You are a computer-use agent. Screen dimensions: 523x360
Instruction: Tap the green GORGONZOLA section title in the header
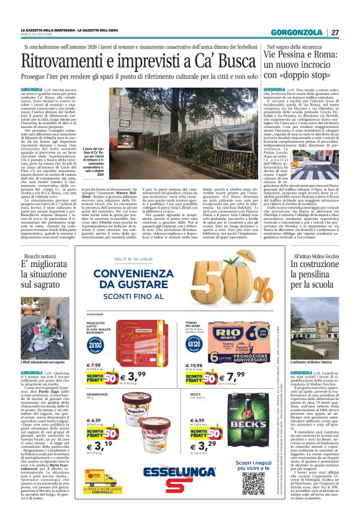coord(300,32)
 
